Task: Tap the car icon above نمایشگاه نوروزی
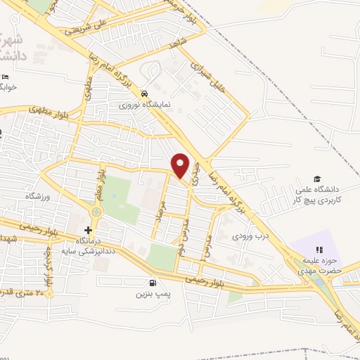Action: coord(144,93)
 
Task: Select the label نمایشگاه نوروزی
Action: coord(144,104)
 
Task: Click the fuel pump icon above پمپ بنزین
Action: coord(143,282)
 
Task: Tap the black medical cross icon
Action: coord(88,230)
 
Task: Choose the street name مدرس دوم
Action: coord(182,240)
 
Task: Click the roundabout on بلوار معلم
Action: coord(96,210)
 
